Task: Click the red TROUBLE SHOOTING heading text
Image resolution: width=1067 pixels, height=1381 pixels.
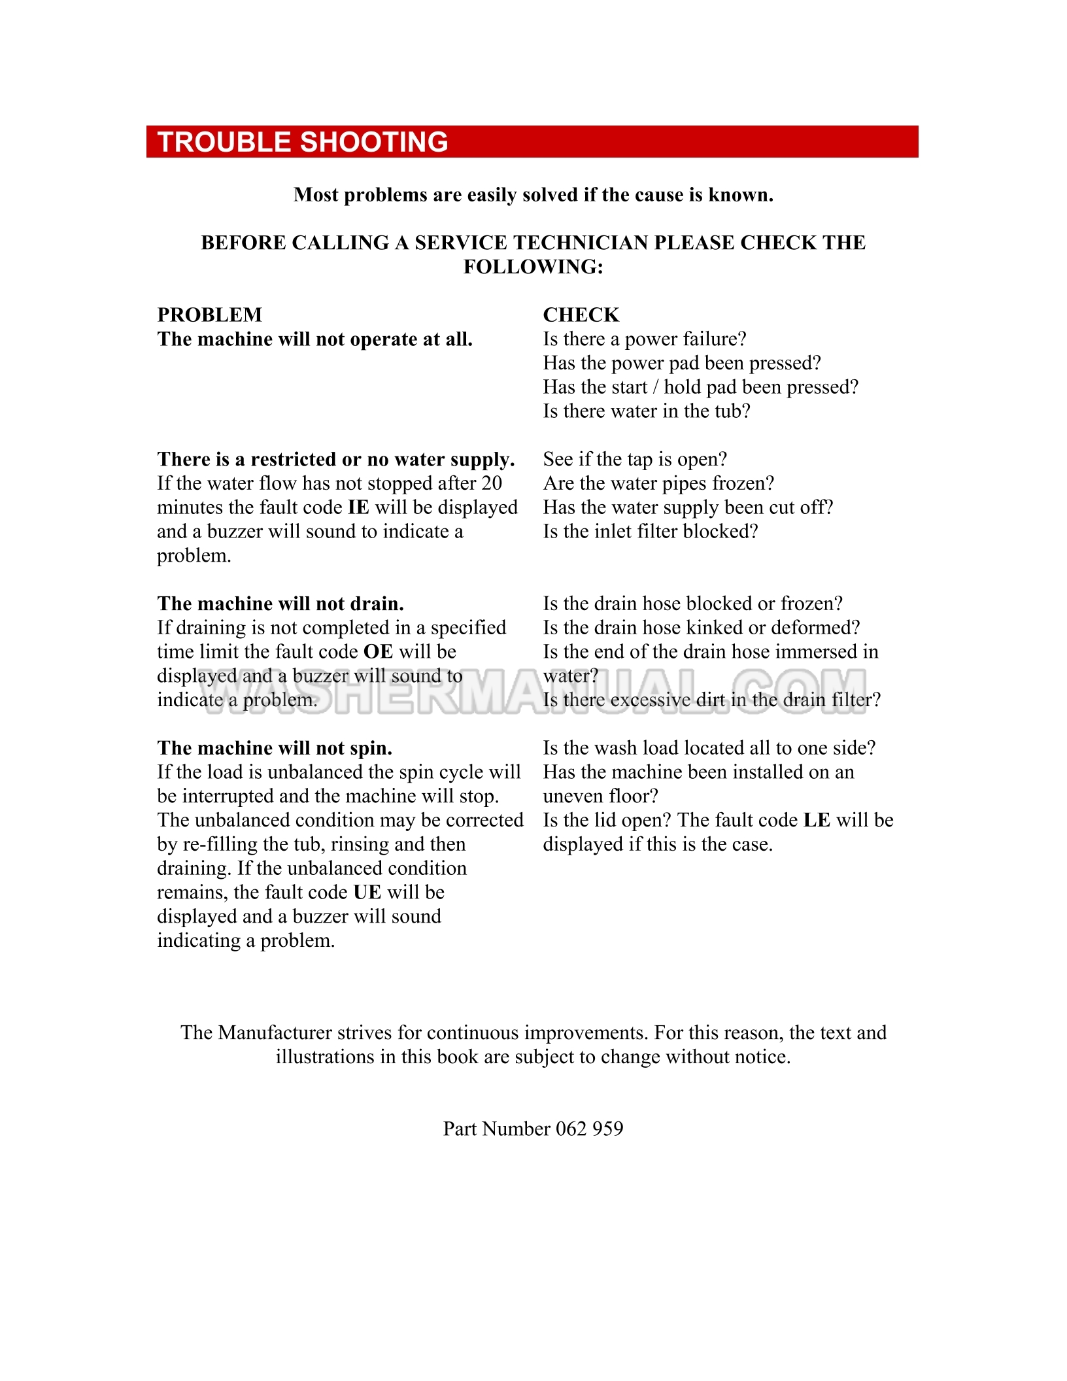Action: tap(303, 142)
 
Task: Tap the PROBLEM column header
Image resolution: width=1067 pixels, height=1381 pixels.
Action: tap(209, 315)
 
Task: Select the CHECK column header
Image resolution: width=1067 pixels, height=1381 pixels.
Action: tap(581, 315)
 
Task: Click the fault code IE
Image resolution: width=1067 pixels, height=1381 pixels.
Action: tap(358, 507)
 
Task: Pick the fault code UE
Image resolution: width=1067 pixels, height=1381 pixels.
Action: tap(367, 893)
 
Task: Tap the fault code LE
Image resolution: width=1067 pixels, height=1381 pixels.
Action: tap(816, 820)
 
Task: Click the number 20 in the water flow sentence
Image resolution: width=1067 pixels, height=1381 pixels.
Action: tap(491, 483)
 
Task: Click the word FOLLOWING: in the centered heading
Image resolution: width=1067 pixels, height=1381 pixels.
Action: tap(533, 267)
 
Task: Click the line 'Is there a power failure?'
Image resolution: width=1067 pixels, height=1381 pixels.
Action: tap(644, 339)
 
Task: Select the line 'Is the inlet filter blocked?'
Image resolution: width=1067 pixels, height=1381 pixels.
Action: tap(650, 531)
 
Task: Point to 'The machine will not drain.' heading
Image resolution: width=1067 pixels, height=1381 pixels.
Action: tap(280, 604)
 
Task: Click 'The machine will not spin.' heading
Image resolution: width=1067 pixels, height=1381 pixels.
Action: tap(275, 748)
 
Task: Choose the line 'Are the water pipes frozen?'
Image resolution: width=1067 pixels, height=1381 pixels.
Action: tap(658, 483)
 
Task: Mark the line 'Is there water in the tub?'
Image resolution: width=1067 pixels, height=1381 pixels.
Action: tap(647, 411)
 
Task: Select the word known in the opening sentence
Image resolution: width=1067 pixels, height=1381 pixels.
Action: tap(740, 195)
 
